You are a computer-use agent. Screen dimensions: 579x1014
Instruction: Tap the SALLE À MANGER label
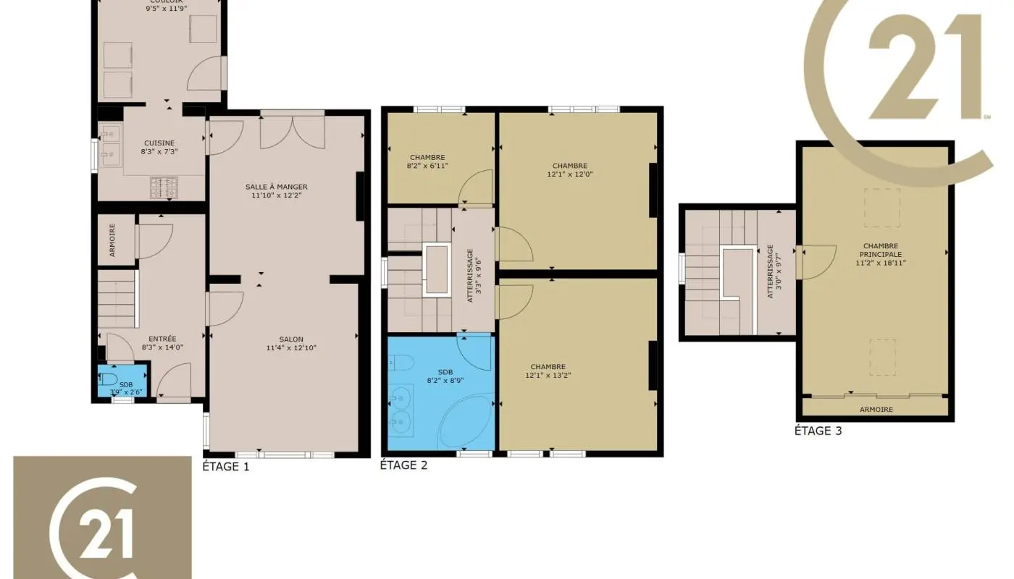point(276,187)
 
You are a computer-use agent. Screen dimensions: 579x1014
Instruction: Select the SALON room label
point(291,339)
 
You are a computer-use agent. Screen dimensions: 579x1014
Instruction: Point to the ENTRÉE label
point(162,339)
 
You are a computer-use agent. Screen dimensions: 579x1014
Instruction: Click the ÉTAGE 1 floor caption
point(226,467)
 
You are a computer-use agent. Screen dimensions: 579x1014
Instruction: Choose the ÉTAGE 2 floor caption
point(403,465)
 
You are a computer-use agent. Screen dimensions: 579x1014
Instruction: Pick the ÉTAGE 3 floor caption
point(818,431)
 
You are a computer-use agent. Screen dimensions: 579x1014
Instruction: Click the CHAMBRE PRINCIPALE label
point(881,250)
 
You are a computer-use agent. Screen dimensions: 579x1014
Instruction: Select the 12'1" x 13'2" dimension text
point(548,375)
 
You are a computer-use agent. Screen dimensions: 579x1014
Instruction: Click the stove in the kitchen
point(164,187)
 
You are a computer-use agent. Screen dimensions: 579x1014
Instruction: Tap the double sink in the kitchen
point(111,143)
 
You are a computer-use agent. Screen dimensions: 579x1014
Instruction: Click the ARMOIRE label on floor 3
point(876,410)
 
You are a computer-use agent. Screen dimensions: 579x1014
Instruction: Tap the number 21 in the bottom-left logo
point(101,535)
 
